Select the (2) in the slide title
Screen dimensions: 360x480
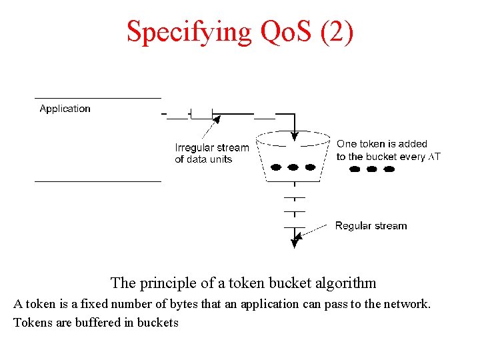tap(336, 31)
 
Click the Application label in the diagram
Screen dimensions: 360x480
tap(65, 109)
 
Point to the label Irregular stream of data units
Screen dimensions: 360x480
tap(211, 153)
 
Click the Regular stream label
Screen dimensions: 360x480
tap(371, 226)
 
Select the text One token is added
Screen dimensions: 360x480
tap(381, 144)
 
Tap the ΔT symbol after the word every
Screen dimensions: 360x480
tap(434, 157)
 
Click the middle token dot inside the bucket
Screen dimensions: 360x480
tap(294, 166)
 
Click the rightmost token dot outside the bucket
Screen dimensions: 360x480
tap(389, 169)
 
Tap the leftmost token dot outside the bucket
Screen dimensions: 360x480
tap(355, 169)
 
